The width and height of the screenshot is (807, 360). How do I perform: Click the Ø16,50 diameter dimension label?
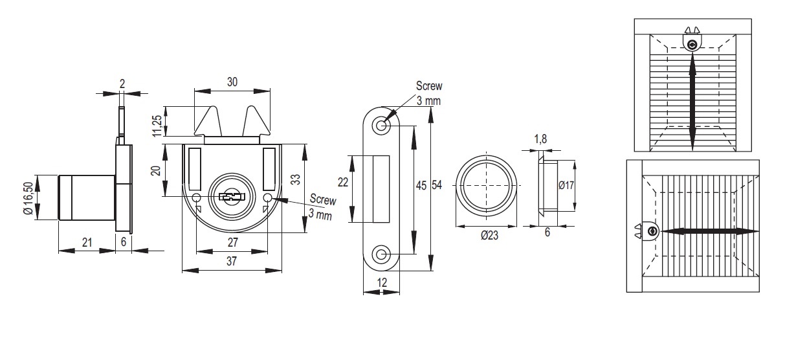point(28,198)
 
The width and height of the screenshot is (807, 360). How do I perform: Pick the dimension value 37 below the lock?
point(232,260)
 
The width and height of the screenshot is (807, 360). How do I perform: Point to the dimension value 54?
point(437,186)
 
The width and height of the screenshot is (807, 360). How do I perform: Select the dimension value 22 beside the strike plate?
point(343,183)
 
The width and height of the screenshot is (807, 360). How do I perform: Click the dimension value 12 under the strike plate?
point(381,282)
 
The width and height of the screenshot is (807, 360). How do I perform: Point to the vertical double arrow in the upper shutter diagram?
point(692,102)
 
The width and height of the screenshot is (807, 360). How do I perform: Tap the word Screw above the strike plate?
point(429,87)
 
